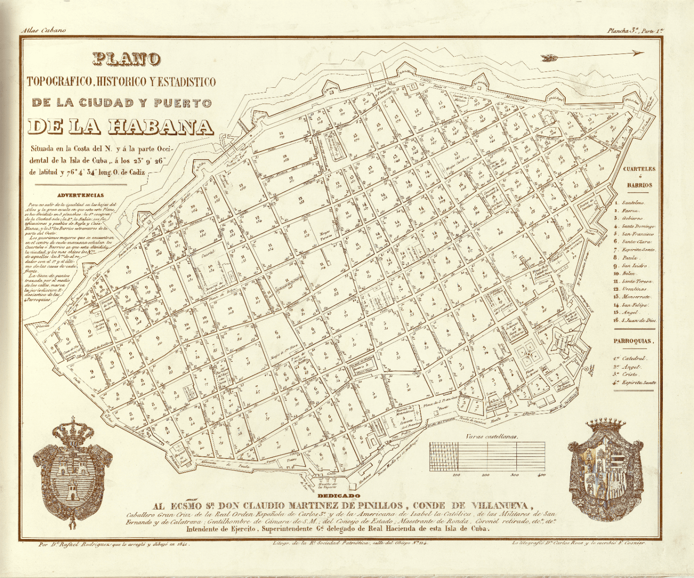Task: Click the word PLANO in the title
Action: (x=127, y=59)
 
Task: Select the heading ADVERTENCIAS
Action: (x=80, y=195)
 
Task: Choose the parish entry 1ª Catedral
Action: (x=630, y=358)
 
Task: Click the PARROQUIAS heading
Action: (x=633, y=341)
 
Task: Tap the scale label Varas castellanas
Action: (x=492, y=437)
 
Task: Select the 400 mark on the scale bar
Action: (x=541, y=475)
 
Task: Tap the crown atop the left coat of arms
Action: (x=72, y=431)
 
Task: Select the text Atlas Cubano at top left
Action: (x=43, y=30)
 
